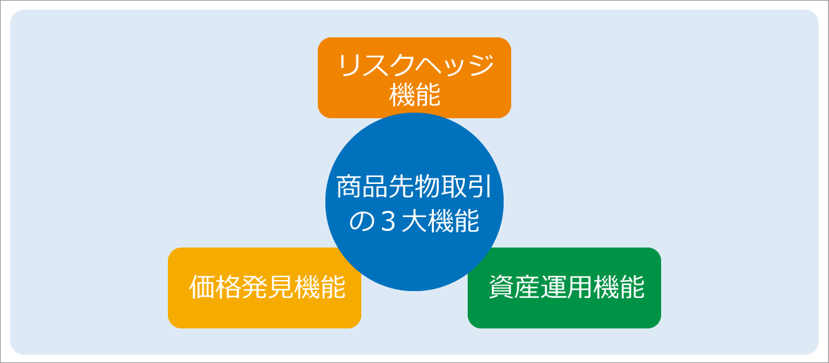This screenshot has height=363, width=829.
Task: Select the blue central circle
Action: click(414, 202)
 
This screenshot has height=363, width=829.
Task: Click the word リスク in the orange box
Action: click(377, 65)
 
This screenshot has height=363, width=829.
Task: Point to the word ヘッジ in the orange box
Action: click(455, 65)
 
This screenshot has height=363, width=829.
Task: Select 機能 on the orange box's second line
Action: click(414, 95)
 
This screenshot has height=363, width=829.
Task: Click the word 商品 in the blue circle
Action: click(362, 187)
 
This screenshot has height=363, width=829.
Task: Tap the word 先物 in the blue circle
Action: click(414, 187)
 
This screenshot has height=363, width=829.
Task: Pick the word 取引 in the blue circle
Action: click(466, 187)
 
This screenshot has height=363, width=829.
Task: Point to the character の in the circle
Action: click(361, 221)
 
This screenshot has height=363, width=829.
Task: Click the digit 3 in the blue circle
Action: click(388, 221)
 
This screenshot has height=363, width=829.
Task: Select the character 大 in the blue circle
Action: click(414, 221)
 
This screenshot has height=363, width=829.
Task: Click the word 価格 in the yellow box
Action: click(216, 287)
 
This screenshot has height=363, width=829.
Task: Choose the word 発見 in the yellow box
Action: click(268, 287)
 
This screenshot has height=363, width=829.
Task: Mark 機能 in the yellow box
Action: click(320, 287)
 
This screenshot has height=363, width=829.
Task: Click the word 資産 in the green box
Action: click(515, 287)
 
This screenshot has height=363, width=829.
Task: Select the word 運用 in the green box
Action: click(566, 287)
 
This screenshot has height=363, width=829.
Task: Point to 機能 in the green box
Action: click(619, 287)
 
